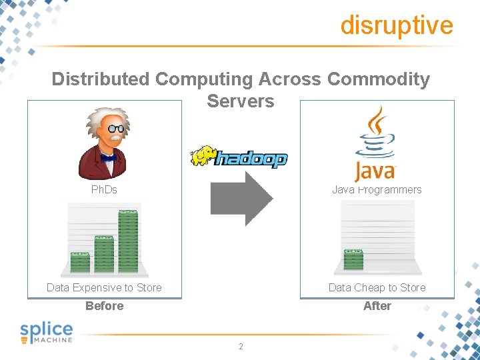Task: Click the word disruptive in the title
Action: point(396,25)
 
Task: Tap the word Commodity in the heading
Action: point(379,79)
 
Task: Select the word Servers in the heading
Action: point(240,101)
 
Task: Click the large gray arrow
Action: point(241,198)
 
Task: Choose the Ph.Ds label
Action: point(104,190)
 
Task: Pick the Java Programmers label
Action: point(377,190)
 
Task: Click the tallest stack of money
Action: point(127,241)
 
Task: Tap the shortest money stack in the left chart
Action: point(80,262)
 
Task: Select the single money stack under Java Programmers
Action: point(353,259)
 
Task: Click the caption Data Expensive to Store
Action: point(104,287)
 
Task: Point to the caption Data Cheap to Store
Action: point(377,287)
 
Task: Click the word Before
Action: point(104,306)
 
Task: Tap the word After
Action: point(377,306)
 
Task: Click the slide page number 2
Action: point(241,347)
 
